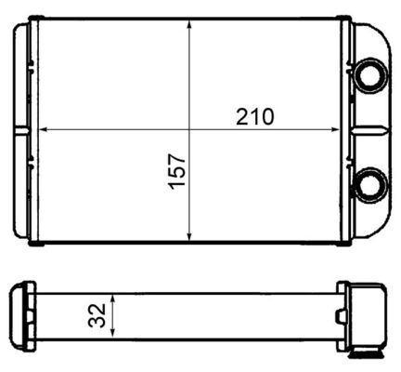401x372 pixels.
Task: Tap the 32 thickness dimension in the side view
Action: click(97, 316)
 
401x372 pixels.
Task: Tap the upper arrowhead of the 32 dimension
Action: click(113, 299)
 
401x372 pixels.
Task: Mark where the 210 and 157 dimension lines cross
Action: click(189, 126)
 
